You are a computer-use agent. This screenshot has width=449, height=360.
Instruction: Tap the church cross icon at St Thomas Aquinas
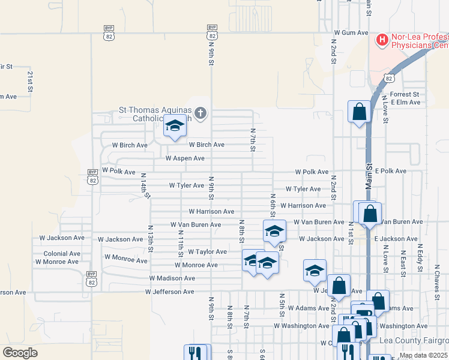[x=200, y=112]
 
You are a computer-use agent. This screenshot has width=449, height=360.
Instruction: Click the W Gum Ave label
[x=351, y=32]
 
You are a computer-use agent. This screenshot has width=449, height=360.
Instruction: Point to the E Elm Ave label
[x=406, y=103]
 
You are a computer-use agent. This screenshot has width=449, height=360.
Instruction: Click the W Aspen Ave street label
[x=185, y=158]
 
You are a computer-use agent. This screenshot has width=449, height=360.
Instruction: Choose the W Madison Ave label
[x=172, y=278]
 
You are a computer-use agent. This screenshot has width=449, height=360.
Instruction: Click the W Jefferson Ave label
[x=169, y=292]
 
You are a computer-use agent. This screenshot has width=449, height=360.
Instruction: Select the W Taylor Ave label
[x=207, y=252]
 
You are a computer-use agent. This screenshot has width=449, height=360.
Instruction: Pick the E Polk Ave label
[x=391, y=171]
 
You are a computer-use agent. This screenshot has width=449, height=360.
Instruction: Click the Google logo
[x=20, y=353]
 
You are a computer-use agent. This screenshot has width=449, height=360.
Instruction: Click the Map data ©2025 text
[x=423, y=355]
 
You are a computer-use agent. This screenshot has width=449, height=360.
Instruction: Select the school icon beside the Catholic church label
[x=175, y=127]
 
